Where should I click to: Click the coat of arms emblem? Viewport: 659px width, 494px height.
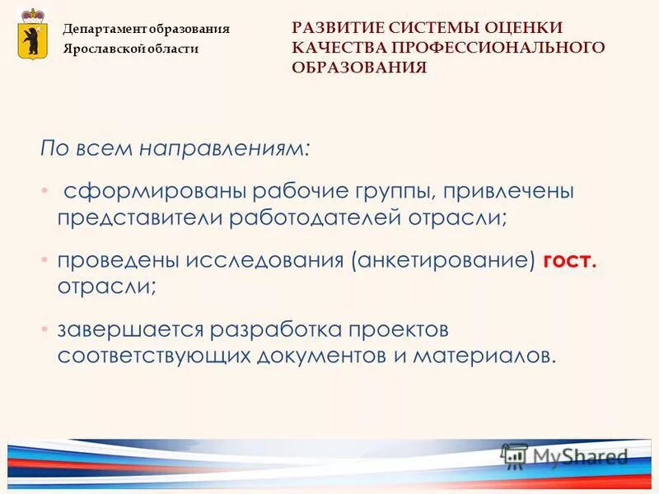coord(32,34)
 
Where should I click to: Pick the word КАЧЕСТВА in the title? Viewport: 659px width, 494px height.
coord(333,48)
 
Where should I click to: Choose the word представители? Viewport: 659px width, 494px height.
coord(139,218)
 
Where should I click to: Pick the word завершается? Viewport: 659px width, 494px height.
coord(129,329)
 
